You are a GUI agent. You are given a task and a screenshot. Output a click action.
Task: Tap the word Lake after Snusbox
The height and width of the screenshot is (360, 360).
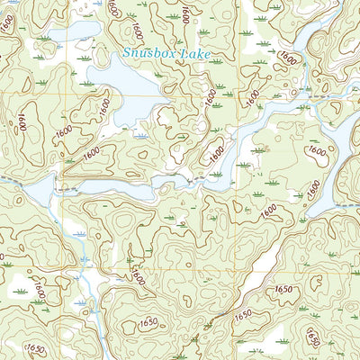click(195, 55)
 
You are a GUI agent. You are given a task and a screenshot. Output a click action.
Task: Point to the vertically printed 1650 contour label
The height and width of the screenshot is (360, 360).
click(310, 337)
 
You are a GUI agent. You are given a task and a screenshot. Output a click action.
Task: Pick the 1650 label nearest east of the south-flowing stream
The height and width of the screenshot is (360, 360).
click(148, 323)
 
